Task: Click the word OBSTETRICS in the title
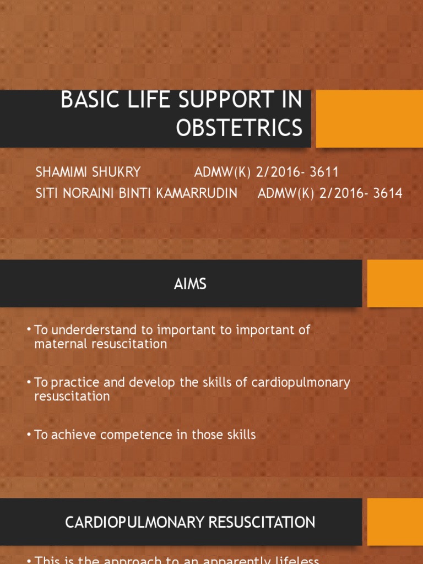(239, 127)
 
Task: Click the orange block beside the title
(369, 118)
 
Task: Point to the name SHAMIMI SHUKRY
(88, 172)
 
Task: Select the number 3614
(387, 193)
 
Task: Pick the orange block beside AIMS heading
(395, 283)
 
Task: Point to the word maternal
(59, 344)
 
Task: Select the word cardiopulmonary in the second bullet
(301, 382)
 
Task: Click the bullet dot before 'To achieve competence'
(29, 435)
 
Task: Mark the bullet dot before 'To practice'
(29, 383)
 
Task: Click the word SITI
(47, 193)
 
